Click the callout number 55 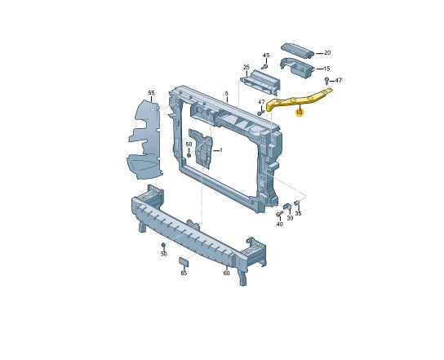coord(151,93)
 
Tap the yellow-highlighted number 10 coord(300,113)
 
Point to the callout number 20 coord(327,53)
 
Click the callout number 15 coord(326,69)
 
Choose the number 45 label coord(266,56)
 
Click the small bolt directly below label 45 coord(264,67)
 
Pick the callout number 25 coord(246,67)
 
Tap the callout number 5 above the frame coord(227,93)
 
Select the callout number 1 coord(221,150)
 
